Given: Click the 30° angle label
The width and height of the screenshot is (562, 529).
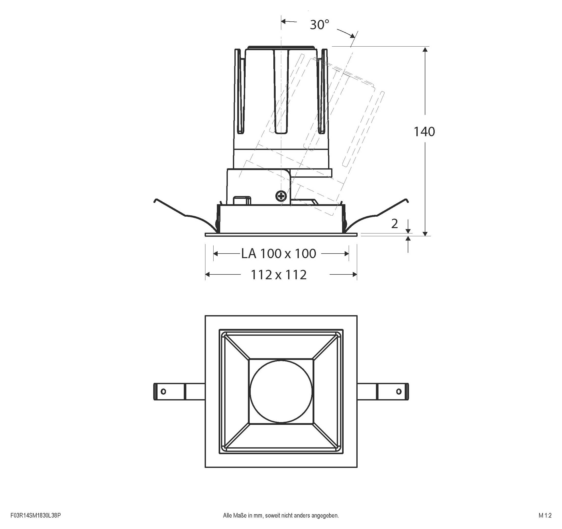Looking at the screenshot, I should click(319, 25).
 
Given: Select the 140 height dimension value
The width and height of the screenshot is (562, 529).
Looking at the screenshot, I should click(424, 132).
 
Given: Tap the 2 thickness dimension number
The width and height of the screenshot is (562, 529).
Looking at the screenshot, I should click(394, 224).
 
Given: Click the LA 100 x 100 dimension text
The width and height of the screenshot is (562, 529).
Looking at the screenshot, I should click(278, 254).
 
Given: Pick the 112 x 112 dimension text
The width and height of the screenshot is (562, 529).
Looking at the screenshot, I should click(278, 275).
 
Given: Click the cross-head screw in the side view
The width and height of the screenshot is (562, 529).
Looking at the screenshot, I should click(281, 196).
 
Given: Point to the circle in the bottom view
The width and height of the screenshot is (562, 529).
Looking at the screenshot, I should click(281, 392).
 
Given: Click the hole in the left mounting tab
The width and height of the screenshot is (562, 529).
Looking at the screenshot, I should click(163, 392).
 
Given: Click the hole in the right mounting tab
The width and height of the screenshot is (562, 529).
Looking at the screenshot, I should click(399, 392).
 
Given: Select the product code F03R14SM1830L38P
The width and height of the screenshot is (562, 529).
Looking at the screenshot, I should click(36, 516).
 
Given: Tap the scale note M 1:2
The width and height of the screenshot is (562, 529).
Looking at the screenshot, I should click(545, 516).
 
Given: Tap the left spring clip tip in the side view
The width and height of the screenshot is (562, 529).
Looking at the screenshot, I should click(155, 201).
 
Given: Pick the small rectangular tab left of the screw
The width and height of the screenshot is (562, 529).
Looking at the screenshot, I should click(242, 200).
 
